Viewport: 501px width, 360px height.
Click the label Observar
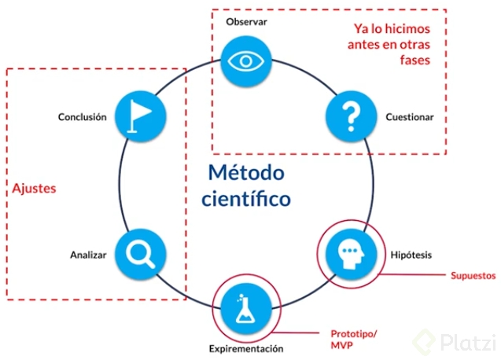(247, 21)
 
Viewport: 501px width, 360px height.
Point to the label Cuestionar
(410, 117)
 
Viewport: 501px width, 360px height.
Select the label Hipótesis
(411, 255)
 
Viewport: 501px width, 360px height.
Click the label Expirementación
(246, 347)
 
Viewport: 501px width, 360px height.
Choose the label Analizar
(88, 255)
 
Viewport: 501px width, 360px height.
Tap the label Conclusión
(82, 117)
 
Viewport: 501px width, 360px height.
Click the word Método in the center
(246, 172)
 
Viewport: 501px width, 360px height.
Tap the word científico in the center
(246, 199)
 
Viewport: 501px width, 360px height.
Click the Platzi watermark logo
(455, 341)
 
